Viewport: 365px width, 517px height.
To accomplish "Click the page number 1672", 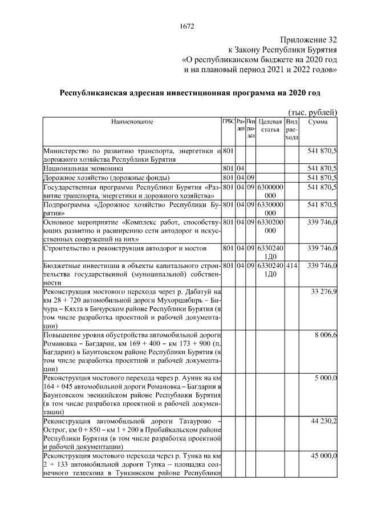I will pyautogui.click(x=187, y=26).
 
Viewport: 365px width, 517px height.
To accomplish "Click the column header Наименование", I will pyautogui.click(x=132, y=122).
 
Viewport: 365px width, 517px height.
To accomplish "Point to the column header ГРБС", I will pyautogui.click(x=228, y=122).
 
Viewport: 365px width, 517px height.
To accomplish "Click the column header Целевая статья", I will pyautogui.click(x=270, y=126).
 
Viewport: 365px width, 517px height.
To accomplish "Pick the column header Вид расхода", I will pyautogui.click(x=291, y=129).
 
